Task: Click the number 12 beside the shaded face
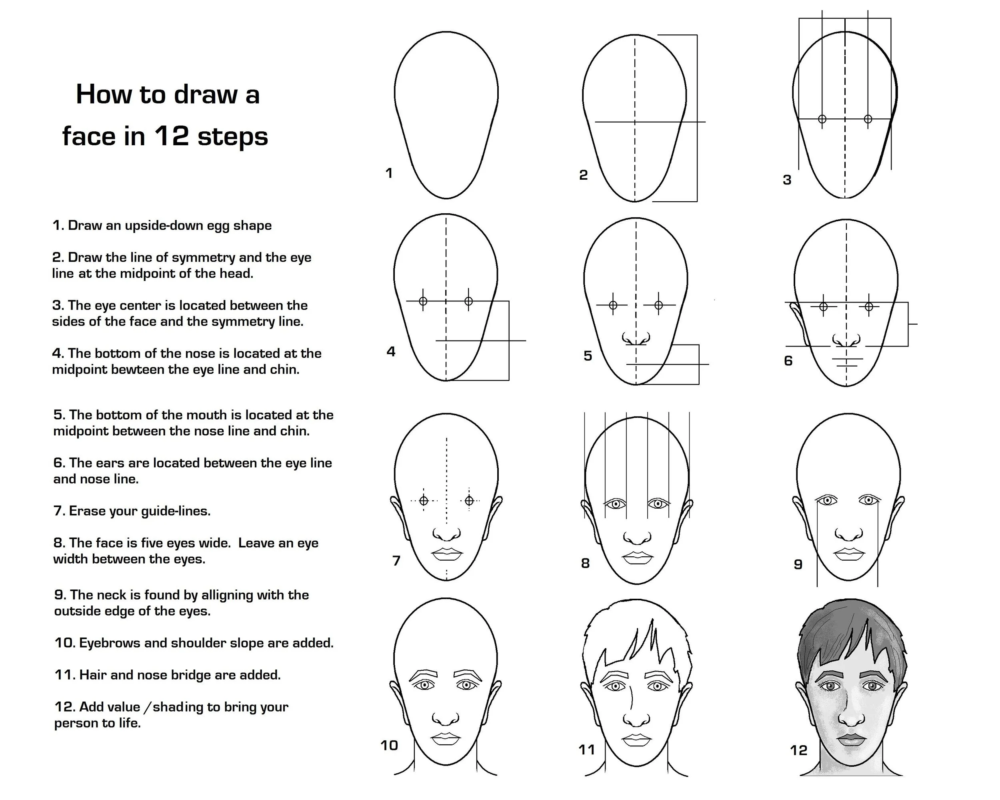798,750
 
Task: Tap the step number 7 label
396,561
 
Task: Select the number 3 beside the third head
787,180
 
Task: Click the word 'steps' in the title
232,136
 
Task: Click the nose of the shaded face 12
851,718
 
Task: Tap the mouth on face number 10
446,739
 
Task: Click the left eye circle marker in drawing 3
822,119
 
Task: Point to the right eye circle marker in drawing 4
468,301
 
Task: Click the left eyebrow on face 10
422,674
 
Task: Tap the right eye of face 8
658,504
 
